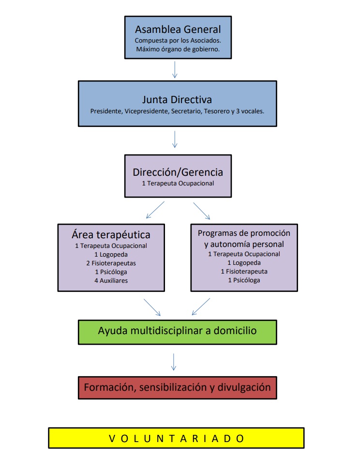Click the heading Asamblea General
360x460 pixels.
point(178,29)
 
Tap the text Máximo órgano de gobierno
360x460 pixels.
point(178,49)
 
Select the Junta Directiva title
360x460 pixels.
point(177,100)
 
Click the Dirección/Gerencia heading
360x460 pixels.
point(178,172)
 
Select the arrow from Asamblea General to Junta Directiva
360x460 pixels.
point(175,69)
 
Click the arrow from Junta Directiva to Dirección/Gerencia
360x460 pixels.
point(175,139)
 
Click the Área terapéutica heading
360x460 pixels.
point(111,235)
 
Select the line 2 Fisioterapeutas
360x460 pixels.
point(111,263)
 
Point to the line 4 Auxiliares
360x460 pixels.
point(111,280)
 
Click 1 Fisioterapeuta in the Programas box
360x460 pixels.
point(244,271)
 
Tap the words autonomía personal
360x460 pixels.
point(244,244)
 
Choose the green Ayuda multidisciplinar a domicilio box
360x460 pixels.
point(177,332)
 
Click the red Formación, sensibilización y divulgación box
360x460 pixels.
point(177,388)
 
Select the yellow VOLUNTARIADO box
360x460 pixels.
point(176,438)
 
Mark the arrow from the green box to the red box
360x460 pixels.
point(174,361)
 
